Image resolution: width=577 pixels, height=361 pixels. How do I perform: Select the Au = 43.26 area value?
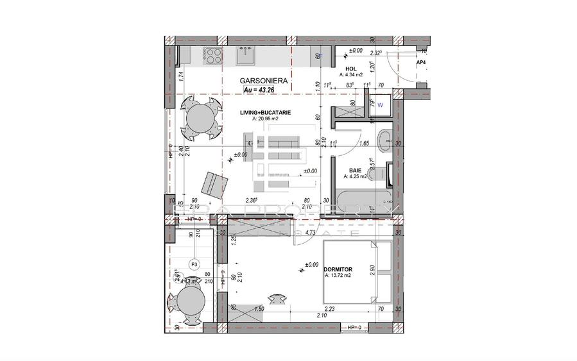click(x=262, y=90)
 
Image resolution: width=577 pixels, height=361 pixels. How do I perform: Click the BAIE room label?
click(x=355, y=170)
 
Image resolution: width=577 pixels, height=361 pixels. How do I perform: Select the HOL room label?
click(x=351, y=69)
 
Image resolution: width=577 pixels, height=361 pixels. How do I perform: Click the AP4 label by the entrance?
click(x=422, y=63)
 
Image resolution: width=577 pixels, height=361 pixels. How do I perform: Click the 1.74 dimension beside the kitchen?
click(x=182, y=76)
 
